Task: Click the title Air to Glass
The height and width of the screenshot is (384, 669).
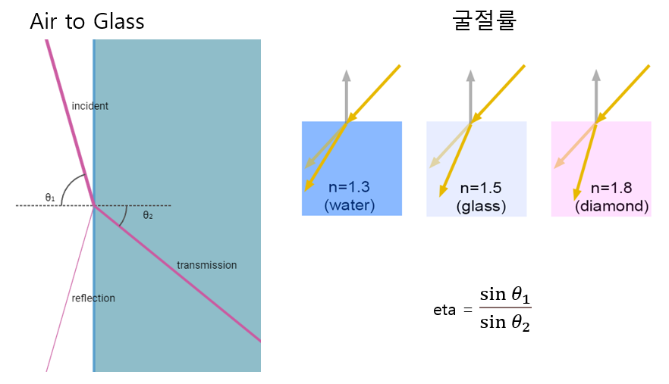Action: (x=86, y=21)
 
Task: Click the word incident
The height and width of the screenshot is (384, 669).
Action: (x=90, y=106)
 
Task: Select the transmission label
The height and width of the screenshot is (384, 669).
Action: (x=206, y=265)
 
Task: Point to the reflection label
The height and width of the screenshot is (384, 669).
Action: (x=93, y=298)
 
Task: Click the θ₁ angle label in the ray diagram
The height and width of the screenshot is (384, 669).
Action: (x=49, y=198)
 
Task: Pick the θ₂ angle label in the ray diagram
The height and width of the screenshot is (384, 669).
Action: (x=148, y=215)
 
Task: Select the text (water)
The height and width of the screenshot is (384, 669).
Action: (x=349, y=205)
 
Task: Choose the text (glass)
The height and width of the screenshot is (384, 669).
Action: (x=481, y=205)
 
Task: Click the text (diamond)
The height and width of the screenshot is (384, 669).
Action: (x=611, y=205)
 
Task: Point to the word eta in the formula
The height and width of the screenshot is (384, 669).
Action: (x=446, y=310)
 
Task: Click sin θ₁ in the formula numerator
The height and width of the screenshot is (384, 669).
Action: (x=504, y=294)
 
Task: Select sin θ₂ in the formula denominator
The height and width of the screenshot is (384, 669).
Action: (x=504, y=324)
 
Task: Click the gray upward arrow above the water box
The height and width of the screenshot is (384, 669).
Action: (x=346, y=95)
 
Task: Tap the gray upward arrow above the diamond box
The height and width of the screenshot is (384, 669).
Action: (x=595, y=95)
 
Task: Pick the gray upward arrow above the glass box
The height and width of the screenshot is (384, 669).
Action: (x=470, y=95)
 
